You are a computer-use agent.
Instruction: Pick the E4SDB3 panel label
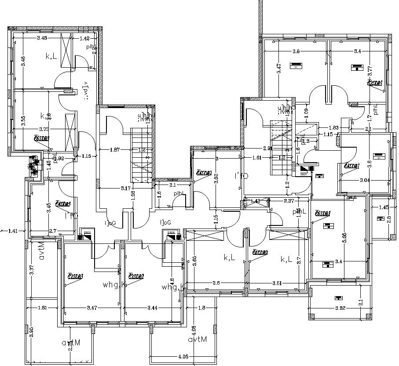(x=63, y=204)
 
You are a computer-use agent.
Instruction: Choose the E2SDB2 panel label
(x=136, y=276)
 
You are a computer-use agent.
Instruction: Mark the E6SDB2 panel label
(x=260, y=252)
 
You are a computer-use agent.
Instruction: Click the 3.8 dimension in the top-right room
(x=296, y=51)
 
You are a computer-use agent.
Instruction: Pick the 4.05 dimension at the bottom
(x=183, y=357)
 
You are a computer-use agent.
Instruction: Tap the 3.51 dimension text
(x=277, y=283)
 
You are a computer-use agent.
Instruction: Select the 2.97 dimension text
(x=289, y=201)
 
